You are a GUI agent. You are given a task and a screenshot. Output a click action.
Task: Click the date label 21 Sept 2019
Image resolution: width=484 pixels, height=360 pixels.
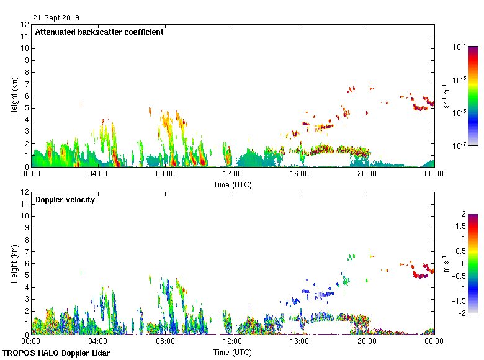tap(56, 18)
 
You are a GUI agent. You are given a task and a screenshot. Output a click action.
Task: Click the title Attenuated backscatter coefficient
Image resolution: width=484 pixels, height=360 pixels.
tap(99, 32)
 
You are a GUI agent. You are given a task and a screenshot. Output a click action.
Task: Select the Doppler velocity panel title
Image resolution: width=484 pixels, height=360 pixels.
tap(65, 200)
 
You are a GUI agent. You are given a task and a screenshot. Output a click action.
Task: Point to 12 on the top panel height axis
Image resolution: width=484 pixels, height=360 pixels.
tap(25, 25)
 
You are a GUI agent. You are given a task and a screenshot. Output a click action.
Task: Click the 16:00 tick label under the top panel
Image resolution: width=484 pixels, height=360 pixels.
tap(300, 174)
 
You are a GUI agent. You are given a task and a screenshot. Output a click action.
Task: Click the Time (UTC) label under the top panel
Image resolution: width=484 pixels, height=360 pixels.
tap(233, 184)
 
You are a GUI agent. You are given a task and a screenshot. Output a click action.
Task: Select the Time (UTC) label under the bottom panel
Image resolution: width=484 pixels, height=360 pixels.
tap(233, 352)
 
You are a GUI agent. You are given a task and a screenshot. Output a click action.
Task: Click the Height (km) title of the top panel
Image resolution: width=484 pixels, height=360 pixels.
tap(14, 96)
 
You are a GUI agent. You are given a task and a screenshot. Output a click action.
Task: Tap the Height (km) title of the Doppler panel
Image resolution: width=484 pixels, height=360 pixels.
tap(14, 263)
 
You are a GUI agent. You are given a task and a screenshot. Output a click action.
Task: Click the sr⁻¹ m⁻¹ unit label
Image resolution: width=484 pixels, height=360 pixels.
tap(478, 96)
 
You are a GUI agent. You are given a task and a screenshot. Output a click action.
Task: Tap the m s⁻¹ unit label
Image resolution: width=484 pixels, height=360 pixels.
tap(478, 263)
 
